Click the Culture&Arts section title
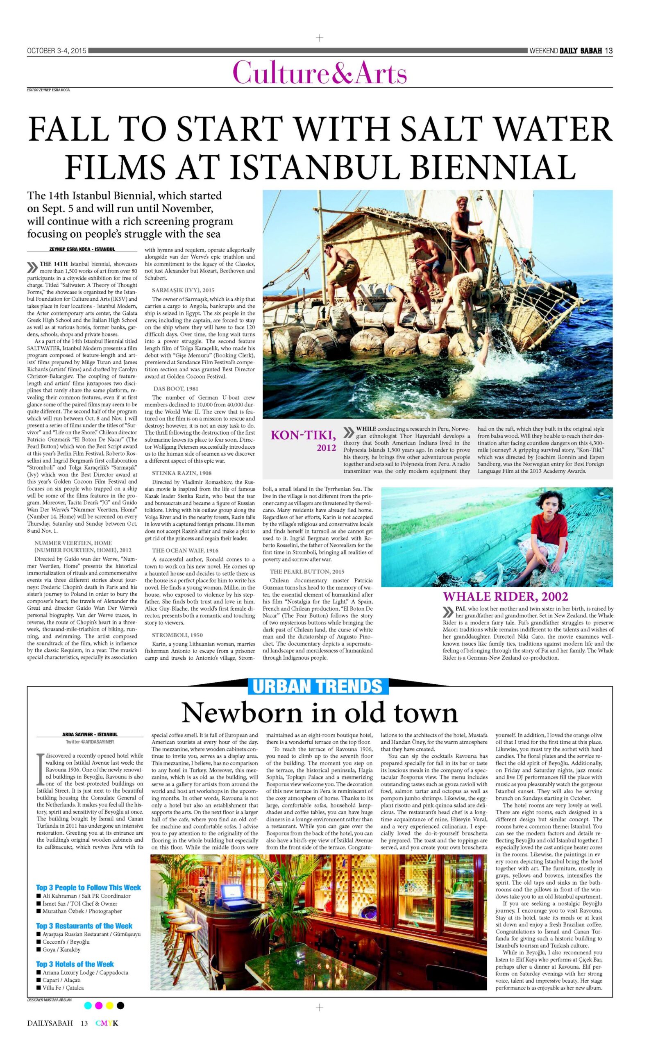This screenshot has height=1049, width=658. click(320, 72)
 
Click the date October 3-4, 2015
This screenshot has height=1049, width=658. click(57, 51)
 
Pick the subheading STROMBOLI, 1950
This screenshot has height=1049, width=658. click(177, 635)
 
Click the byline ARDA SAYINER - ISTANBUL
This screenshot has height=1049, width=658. click(90, 735)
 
